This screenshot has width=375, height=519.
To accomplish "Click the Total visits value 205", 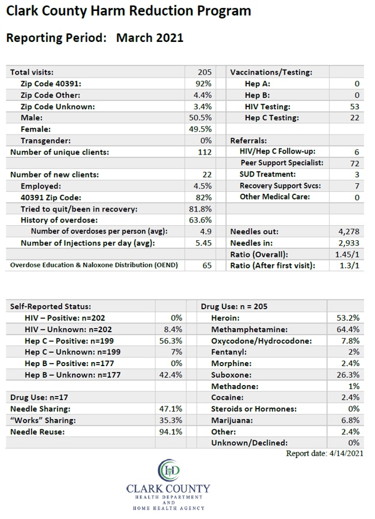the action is pyautogui.click(x=205, y=72).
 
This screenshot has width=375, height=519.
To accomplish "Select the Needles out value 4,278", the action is pyautogui.click(x=349, y=232).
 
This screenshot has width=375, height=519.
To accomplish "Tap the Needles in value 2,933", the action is pyautogui.click(x=349, y=243).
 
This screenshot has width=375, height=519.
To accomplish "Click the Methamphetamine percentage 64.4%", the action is pyautogui.click(x=348, y=329).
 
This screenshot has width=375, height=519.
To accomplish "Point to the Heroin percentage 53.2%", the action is pyautogui.click(x=348, y=318).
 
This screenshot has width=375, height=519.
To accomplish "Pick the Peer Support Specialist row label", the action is pyautogui.click(x=282, y=163).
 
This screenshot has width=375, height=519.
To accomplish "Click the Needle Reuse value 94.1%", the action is pyautogui.click(x=171, y=432).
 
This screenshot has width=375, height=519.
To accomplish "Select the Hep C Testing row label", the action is pyautogui.click(x=271, y=118).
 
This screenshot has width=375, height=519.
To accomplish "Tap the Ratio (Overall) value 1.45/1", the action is pyautogui.click(x=347, y=255).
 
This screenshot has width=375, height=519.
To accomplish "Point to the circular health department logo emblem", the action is pyautogui.click(x=169, y=470).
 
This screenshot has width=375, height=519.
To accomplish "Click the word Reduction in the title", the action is pyautogui.click(x=161, y=11).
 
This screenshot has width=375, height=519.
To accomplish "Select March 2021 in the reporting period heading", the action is pyautogui.click(x=150, y=38).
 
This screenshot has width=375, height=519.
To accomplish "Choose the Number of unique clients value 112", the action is pyautogui.click(x=205, y=152).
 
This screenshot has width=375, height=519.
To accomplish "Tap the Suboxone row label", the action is pyautogui.click(x=231, y=375).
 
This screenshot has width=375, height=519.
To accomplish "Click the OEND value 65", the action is pyautogui.click(x=207, y=266).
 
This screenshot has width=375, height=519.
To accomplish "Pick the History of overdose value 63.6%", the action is pyautogui.click(x=200, y=220).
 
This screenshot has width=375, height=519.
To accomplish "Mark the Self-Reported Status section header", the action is pyautogui.click(x=51, y=306).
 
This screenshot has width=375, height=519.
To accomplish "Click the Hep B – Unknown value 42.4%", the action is pyautogui.click(x=171, y=375).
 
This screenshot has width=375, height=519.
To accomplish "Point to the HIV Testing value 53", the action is pyautogui.click(x=355, y=106).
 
